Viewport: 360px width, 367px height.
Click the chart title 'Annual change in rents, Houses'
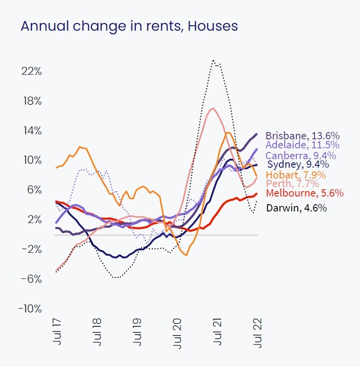[129, 26]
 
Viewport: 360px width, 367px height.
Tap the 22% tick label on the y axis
[32, 71]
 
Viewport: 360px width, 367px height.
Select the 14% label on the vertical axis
[32, 131]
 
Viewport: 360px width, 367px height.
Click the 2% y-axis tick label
[33, 220]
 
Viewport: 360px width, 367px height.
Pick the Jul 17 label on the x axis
[57, 333]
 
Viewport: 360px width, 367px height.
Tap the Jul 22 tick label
[258, 333]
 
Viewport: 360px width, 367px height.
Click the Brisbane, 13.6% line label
[302, 136]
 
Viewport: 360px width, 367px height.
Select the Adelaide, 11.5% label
[302, 145]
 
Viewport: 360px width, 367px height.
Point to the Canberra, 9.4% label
[301, 156]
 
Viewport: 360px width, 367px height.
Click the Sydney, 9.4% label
[298, 165]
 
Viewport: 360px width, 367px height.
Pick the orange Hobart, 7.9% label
[296, 175]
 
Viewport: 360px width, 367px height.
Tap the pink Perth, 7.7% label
[292, 184]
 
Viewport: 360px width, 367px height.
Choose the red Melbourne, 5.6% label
[305, 193]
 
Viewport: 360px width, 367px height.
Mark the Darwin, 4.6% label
[296, 208]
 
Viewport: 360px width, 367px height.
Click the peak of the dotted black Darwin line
[213, 60]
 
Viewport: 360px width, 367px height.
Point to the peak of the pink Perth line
[212, 108]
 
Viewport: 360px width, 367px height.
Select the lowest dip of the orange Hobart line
[186, 256]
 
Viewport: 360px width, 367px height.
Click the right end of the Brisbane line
[257, 134]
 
